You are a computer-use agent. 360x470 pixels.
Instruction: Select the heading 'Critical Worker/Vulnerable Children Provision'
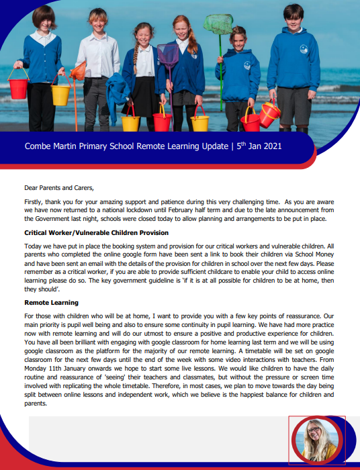click(x=96, y=232)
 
